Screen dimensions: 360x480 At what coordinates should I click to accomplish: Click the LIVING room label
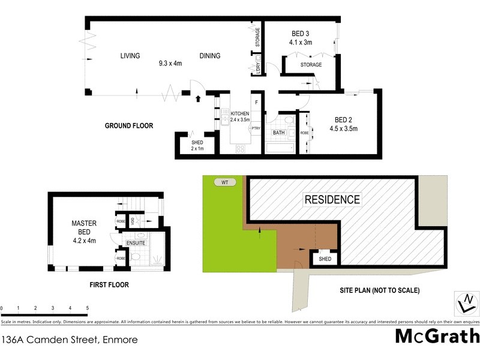130,56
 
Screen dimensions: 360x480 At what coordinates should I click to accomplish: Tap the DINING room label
210,56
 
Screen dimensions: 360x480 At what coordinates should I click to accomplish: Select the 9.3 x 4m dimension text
170,63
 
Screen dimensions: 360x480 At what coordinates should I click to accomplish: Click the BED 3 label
301,34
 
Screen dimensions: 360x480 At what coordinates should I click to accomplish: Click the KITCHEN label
240,113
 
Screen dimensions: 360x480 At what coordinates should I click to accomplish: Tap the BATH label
278,133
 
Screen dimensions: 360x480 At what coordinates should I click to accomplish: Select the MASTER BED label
84,227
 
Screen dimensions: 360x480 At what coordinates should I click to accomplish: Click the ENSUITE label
136,243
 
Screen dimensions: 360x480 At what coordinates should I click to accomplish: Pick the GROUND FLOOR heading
129,126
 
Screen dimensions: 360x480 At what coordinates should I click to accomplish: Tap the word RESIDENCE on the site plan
332,200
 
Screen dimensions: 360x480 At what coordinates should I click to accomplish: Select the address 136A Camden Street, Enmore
70,340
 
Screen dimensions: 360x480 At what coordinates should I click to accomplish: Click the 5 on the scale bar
88,308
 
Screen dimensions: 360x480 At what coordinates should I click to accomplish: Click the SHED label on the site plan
325,259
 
